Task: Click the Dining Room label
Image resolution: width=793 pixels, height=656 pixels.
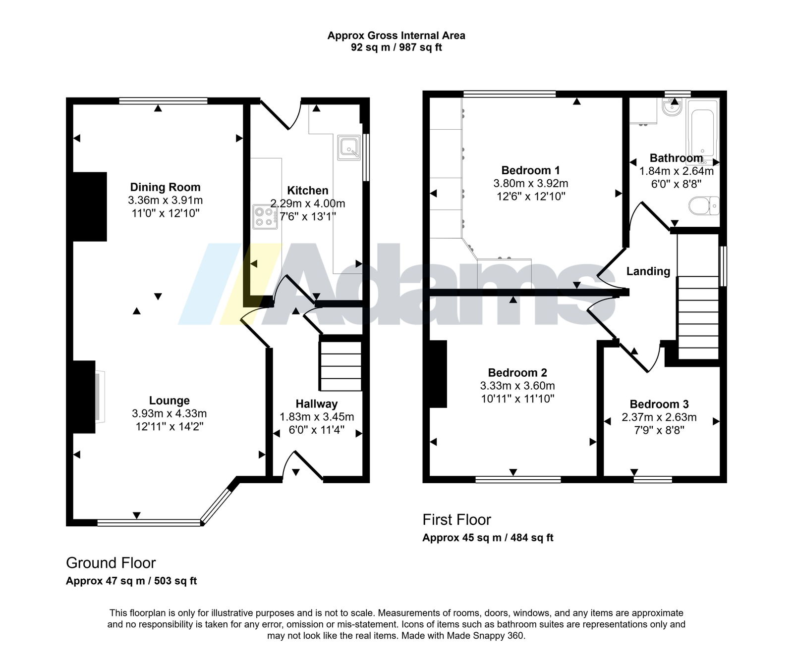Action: [x=165, y=187]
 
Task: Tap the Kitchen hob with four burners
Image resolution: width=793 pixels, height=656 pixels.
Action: [x=265, y=217]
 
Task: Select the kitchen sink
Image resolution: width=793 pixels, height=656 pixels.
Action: [x=349, y=148]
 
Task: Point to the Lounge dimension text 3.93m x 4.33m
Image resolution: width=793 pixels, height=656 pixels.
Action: [x=170, y=413]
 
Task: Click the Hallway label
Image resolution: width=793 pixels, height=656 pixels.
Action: [x=317, y=404]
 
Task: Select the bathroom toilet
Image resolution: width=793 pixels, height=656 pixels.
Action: [x=704, y=205]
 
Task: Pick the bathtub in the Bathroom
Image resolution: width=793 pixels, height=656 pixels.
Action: [x=702, y=131]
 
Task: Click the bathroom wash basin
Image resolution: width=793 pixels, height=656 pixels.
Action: [x=673, y=107]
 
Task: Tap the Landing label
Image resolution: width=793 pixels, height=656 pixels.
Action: [x=648, y=271]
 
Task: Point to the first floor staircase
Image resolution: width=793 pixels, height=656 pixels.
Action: [x=698, y=317]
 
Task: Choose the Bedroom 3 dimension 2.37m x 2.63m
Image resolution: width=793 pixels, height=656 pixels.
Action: [x=659, y=417]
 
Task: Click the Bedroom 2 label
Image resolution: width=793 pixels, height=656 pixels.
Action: [x=517, y=373]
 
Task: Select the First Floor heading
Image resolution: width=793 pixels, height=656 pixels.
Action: [x=456, y=519]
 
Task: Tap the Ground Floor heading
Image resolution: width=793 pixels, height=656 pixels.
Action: [x=111, y=563]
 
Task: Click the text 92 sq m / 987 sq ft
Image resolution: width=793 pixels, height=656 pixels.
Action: [x=396, y=48]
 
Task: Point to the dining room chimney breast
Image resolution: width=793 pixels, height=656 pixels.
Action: [x=90, y=206]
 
